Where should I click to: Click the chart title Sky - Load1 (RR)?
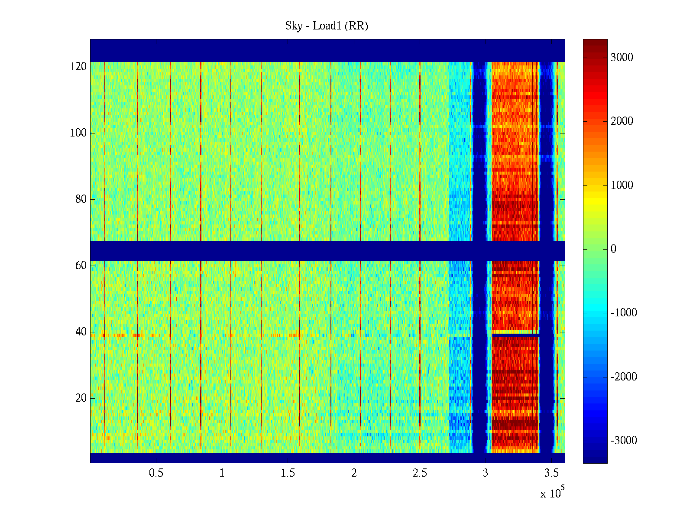tap(327, 26)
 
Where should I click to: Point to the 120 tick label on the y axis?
tap(78, 67)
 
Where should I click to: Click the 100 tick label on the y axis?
tap(78, 133)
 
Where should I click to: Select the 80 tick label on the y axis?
tap(81, 199)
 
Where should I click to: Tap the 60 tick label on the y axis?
tap(81, 266)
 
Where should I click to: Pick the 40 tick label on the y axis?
tap(81, 332)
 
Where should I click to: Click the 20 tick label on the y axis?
tap(81, 398)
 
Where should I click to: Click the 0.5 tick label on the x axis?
tap(156, 473)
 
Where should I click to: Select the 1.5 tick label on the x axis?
tap(288, 473)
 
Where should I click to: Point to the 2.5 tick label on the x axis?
tap(420, 473)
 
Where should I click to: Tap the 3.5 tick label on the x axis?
tap(551, 473)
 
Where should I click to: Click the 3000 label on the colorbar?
tap(622, 58)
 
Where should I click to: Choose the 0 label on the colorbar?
tap(613, 249)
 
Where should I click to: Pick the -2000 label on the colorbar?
tap(623, 377)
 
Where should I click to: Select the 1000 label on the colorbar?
tap(622, 185)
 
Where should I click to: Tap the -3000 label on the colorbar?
tap(623, 441)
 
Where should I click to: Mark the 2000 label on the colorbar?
tap(622, 121)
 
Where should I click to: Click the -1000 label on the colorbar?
tap(623, 313)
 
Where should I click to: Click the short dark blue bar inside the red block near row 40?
tap(515, 335)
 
